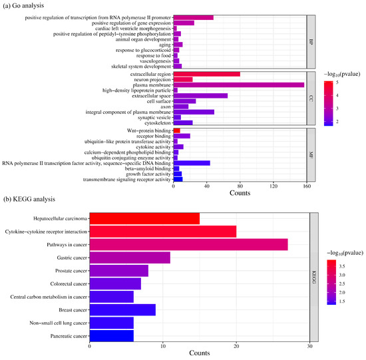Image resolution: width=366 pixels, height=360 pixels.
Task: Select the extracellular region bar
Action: pyautogui.click(x=206, y=73)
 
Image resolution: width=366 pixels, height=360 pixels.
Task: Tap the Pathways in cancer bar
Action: pyautogui.click(x=188, y=246)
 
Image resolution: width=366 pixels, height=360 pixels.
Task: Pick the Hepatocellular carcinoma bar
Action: pyautogui.click(x=144, y=218)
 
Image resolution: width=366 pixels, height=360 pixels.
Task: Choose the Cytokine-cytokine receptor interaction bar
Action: pyautogui.click(x=162, y=232)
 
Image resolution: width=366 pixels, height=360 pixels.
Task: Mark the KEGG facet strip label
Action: pyautogui.click(x=314, y=277)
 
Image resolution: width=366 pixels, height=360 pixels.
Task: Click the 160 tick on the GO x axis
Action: pyautogui.click(x=306, y=188)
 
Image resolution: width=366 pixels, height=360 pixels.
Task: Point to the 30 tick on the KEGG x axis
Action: pyautogui.click(x=309, y=346)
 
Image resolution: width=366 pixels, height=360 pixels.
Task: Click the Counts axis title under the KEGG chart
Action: pyautogui.click(x=199, y=355)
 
